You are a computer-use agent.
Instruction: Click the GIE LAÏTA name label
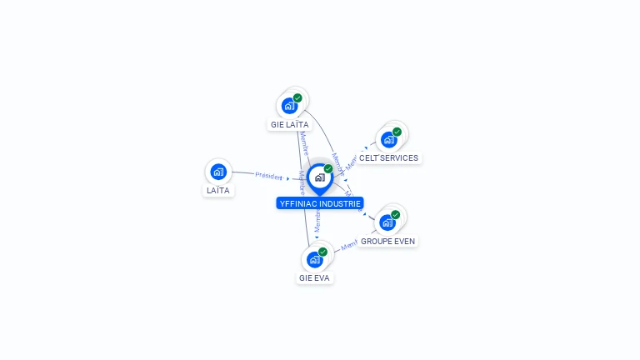point(289,124)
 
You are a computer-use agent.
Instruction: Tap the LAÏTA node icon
point(218,172)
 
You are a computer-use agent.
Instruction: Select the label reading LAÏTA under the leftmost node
point(218,191)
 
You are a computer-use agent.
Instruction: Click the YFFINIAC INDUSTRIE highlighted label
point(320,202)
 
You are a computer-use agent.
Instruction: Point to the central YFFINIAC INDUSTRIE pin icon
point(319,177)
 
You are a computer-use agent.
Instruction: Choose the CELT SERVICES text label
point(388,157)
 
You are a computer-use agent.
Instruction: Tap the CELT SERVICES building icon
point(388,139)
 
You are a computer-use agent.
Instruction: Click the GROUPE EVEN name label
point(387,241)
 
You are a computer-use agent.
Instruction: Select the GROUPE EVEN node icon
point(387,222)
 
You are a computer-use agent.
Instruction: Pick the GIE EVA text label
point(315,277)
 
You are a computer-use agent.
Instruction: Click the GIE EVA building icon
point(314,260)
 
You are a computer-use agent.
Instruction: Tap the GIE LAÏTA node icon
point(289,106)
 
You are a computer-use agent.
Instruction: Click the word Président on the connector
point(269,176)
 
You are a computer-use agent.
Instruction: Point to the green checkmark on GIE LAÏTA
point(297,98)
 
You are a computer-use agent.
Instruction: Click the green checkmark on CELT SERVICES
point(397,132)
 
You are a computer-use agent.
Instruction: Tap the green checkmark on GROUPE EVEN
point(395,215)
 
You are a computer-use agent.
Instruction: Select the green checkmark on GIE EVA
point(322,252)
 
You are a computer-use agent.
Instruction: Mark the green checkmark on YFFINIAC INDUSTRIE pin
point(328,168)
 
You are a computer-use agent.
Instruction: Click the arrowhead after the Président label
point(288,177)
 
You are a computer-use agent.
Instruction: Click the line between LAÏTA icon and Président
point(242,173)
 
